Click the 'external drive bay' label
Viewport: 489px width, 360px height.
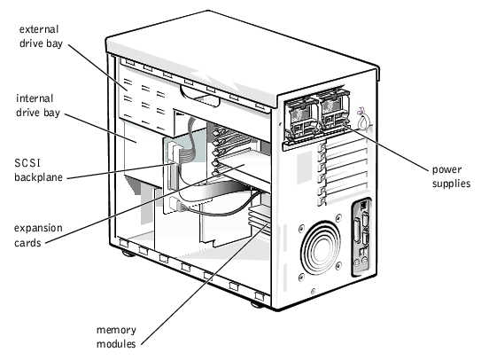point(41,36)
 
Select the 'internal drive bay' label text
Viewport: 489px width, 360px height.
point(38,106)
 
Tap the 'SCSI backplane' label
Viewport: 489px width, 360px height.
point(38,170)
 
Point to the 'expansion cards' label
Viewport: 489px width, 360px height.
point(38,235)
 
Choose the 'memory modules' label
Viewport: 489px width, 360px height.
point(116,337)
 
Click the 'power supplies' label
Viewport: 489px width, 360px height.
point(451,176)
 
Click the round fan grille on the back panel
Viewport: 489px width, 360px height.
point(321,248)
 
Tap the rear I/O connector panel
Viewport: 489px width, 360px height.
point(361,238)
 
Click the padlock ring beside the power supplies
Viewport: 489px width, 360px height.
point(363,120)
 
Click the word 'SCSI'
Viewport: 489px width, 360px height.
point(27,163)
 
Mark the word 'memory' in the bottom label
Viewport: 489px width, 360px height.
point(116,331)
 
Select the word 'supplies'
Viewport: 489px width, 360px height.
point(451,184)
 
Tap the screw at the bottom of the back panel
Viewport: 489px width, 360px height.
point(313,292)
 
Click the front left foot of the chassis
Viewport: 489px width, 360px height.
point(128,254)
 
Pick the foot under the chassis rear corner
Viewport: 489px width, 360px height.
point(258,304)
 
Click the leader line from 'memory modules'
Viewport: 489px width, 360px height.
point(206,284)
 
